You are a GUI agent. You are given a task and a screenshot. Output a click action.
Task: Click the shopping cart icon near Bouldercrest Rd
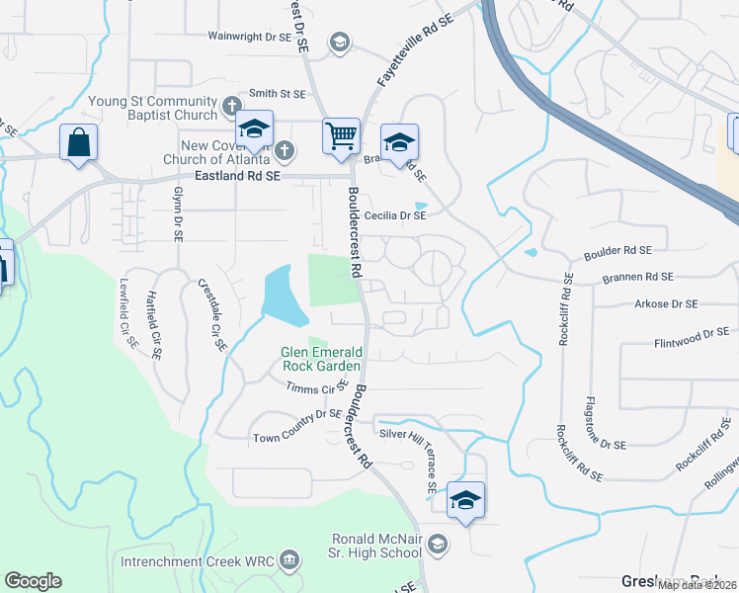(x=341, y=135)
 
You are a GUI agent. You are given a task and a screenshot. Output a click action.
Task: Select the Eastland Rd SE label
(x=238, y=174)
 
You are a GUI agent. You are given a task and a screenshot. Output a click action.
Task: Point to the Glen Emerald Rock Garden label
(x=322, y=358)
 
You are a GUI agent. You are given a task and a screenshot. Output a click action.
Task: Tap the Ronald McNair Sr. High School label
(x=376, y=546)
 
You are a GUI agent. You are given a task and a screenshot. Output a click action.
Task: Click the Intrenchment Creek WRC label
(x=198, y=561)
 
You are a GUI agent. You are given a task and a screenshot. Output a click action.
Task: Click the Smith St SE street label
(x=279, y=93)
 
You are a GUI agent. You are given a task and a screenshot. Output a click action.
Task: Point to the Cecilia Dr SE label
(x=394, y=214)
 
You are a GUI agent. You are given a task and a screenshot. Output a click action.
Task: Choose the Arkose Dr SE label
(x=666, y=303)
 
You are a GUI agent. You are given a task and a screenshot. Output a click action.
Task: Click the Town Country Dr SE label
(x=297, y=426)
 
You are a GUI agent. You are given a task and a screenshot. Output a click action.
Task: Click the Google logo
(x=33, y=581)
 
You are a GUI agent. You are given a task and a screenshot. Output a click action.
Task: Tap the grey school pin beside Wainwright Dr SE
(x=340, y=42)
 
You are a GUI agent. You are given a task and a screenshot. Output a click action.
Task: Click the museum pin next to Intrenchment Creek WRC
(x=289, y=560)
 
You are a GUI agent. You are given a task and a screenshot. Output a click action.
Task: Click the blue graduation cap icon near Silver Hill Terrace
(x=465, y=499)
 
